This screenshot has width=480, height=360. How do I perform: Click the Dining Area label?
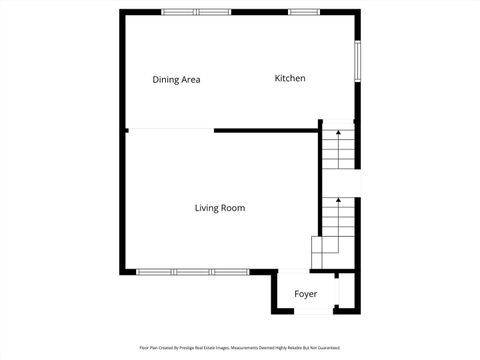click(177, 79)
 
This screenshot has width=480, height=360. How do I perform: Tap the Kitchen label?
click(290, 78)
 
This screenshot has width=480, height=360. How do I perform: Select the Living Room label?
click(220, 208)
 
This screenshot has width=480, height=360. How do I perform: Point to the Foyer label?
click(305, 294)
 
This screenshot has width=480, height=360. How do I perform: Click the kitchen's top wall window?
click(304, 11)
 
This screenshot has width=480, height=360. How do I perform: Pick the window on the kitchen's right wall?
click(358, 64)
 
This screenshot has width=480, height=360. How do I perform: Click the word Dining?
click(165, 79)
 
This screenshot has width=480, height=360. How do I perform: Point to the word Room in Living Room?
click(234, 208)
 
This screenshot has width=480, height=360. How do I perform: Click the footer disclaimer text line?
click(240, 348)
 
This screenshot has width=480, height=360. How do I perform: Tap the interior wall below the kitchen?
click(266, 129)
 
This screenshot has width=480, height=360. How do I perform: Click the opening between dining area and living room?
click(171, 129)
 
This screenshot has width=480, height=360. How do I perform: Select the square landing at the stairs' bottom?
click(326, 248)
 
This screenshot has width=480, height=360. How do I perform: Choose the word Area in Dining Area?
click(190, 79)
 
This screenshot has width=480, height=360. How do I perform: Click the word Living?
click(207, 208)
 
